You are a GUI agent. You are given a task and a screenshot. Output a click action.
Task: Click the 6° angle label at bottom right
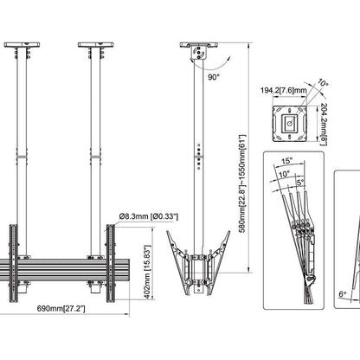point(343,294)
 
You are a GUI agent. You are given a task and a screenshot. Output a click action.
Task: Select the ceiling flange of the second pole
point(94,44)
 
